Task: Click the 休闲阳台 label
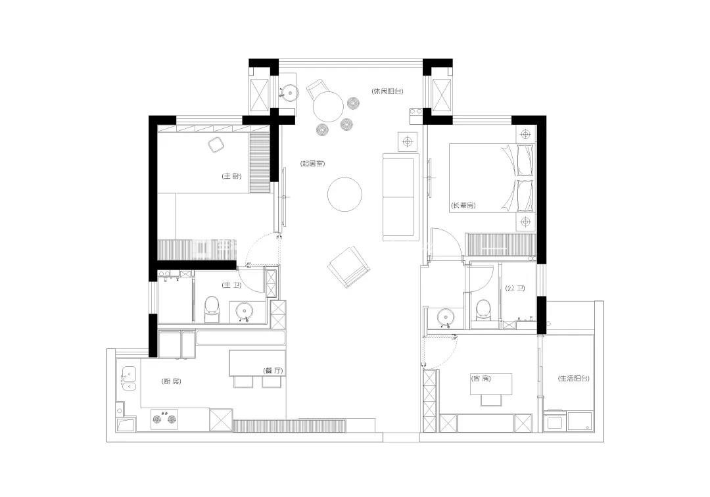(x=387, y=91)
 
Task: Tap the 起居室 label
(x=312, y=164)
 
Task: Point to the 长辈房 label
(x=463, y=206)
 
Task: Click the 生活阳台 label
(x=574, y=379)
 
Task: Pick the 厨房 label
(x=171, y=381)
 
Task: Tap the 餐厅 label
(x=273, y=370)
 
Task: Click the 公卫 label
(x=515, y=288)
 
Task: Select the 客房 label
(x=481, y=379)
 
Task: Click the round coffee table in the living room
(x=344, y=194)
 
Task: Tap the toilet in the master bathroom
(x=212, y=309)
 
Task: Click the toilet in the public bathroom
(x=483, y=310)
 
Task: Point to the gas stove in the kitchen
(x=164, y=419)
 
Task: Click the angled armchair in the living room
(x=349, y=267)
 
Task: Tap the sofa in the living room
(x=401, y=197)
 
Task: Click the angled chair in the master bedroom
(x=216, y=145)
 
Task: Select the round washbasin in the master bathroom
(x=245, y=312)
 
